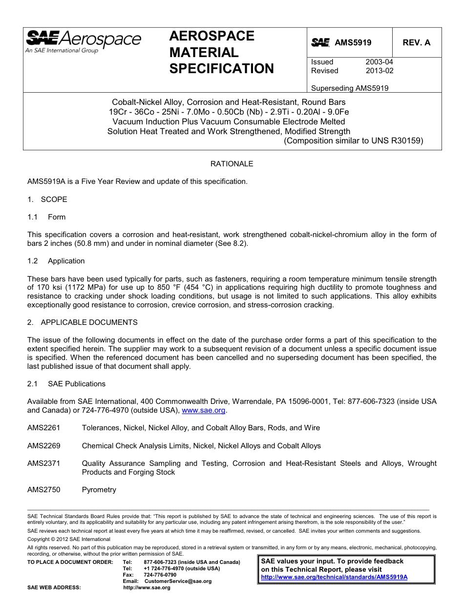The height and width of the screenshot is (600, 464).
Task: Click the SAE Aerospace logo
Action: (83, 41)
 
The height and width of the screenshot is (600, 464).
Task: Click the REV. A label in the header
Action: (416, 43)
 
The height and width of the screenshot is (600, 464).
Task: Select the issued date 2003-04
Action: (379, 62)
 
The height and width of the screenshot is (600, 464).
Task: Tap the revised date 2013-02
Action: (379, 71)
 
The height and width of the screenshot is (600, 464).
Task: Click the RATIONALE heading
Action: (232, 164)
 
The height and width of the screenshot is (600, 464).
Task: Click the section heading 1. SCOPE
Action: (47, 200)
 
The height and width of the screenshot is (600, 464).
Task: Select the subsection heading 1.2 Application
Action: (56, 261)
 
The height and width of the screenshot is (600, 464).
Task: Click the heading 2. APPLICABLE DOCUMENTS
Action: (83, 322)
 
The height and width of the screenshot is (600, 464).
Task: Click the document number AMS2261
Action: (44, 428)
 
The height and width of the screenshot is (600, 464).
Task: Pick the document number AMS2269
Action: (44, 446)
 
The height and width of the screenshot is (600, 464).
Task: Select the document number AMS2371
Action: (44, 463)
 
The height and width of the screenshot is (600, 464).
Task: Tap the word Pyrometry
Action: (99, 490)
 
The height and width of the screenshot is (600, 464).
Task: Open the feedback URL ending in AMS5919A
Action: (334, 577)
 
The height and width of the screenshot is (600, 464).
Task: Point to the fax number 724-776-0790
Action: (160, 575)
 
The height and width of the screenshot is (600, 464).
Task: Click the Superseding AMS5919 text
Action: (350, 88)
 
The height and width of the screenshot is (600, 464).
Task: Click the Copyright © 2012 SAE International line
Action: (69, 540)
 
